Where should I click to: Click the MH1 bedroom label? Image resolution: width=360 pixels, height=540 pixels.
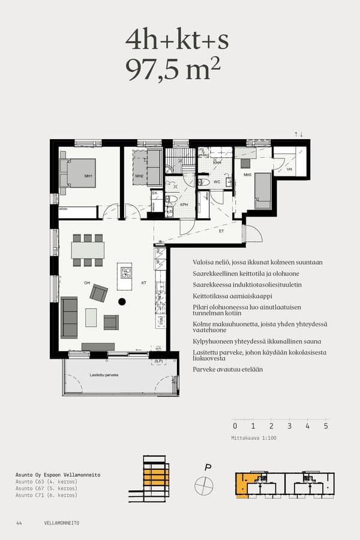(88, 176)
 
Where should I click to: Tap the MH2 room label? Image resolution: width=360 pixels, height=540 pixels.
(139, 176)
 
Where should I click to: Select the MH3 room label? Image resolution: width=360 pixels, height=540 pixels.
(247, 175)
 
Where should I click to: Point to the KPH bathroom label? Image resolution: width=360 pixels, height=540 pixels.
(185, 205)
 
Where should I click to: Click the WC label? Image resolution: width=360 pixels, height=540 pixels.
(217, 181)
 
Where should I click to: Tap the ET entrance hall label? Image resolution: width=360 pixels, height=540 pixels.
(221, 230)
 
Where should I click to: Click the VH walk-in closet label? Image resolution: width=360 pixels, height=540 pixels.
(289, 170)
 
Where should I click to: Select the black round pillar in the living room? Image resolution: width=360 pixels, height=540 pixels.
(122, 301)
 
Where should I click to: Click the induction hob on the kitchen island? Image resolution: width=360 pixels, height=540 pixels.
(125, 273)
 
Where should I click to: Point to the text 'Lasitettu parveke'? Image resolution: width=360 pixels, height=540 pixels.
(104, 374)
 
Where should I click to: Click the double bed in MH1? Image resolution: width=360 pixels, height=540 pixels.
(80, 173)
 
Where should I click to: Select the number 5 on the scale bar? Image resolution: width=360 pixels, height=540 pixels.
(325, 426)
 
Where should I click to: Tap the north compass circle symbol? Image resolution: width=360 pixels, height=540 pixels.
(204, 485)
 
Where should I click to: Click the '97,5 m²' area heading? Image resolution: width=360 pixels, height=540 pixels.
(173, 70)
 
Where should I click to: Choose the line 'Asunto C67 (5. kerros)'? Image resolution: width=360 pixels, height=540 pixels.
(46, 488)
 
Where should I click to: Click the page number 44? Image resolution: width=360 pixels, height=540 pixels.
(19, 523)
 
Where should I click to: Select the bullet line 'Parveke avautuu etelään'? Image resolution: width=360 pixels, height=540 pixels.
(227, 370)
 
